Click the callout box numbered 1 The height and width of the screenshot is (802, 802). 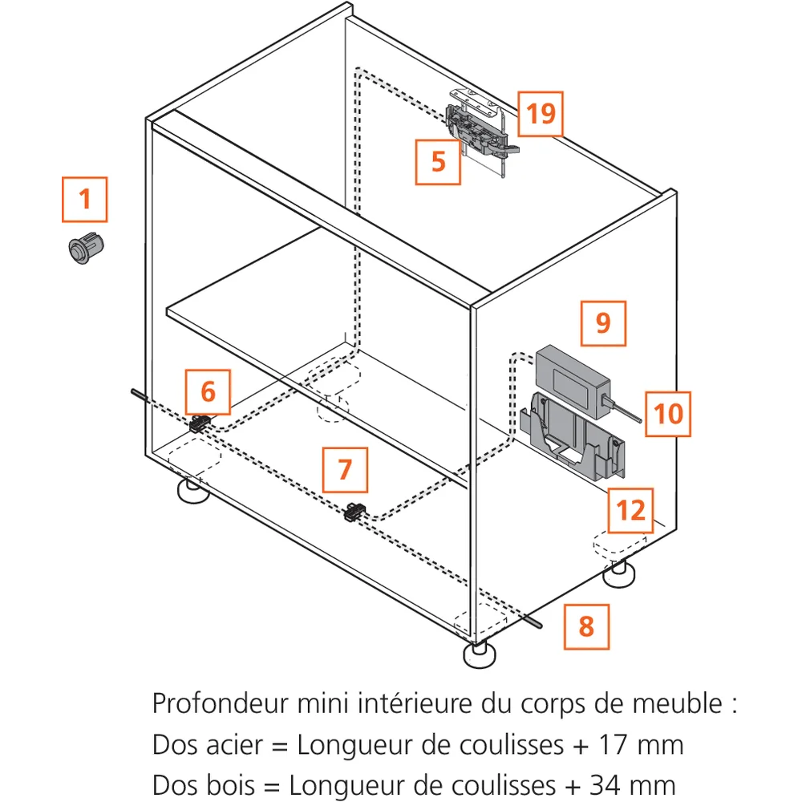(x=84, y=199)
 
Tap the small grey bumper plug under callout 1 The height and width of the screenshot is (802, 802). (x=86, y=247)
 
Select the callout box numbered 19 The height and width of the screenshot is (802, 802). (x=541, y=114)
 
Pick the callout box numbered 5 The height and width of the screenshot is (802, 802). (x=438, y=161)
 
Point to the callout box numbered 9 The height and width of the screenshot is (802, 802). (x=603, y=323)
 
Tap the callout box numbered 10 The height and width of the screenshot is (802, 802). (x=668, y=414)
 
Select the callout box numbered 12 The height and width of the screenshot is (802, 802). (x=630, y=510)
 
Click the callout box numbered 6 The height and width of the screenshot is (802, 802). (x=208, y=392)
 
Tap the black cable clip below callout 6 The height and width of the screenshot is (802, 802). (x=200, y=423)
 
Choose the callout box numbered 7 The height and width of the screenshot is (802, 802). (x=345, y=469)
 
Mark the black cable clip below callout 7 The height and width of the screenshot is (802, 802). (x=354, y=511)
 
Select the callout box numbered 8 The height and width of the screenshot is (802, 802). (x=585, y=626)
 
